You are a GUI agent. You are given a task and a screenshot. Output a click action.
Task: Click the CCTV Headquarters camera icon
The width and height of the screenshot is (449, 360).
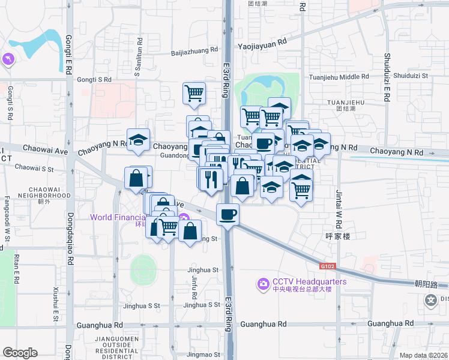(262, 283)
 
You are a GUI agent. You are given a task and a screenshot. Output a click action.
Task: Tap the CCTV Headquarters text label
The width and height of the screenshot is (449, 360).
(310, 281)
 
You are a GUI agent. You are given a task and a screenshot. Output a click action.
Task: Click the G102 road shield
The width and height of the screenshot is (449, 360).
(327, 266)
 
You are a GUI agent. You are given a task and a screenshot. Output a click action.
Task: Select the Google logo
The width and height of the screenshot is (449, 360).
(20, 353)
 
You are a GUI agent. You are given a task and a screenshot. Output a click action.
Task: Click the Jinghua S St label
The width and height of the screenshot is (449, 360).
(142, 305)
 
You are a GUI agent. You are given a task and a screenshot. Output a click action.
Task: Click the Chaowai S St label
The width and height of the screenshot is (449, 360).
(34, 169)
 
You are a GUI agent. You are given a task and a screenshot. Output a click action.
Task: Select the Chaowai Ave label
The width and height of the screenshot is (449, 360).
(46, 147)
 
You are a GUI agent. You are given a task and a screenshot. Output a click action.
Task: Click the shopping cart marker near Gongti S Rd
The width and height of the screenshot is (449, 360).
(194, 93)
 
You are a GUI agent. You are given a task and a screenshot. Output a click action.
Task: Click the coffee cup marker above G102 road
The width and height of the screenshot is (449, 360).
(228, 214)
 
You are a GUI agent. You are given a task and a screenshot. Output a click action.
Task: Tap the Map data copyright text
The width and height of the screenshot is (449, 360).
(423, 355)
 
